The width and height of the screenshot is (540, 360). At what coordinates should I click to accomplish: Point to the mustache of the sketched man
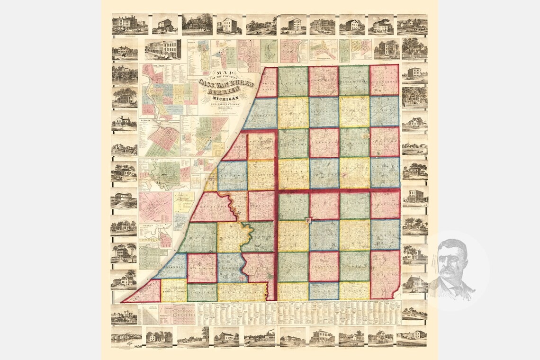click(x=450, y=269)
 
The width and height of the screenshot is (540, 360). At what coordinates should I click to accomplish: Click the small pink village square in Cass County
click(x=309, y=220)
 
